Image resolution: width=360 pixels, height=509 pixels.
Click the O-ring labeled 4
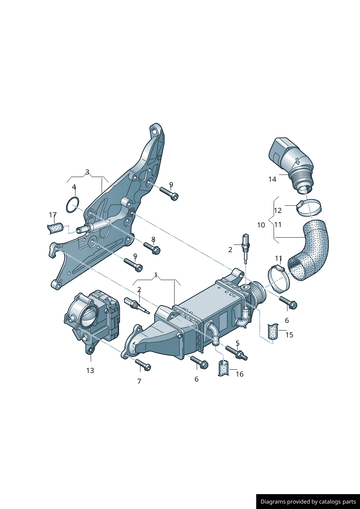point(73,205)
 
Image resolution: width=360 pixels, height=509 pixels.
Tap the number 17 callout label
point(53,215)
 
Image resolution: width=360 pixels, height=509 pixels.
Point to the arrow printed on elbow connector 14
point(297,161)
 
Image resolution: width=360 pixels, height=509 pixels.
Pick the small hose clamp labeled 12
point(309,207)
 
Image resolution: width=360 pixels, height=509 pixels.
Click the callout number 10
point(261,225)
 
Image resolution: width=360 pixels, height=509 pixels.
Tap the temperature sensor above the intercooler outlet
point(246,247)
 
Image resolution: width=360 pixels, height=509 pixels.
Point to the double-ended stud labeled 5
point(237,353)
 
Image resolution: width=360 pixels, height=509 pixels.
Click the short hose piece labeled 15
point(273,331)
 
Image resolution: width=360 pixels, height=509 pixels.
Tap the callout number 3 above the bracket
point(87,172)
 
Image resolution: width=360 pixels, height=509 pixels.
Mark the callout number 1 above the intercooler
point(156,275)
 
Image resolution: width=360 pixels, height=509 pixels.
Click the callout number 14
point(272,179)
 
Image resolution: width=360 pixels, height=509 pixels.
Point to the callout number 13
point(90,370)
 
